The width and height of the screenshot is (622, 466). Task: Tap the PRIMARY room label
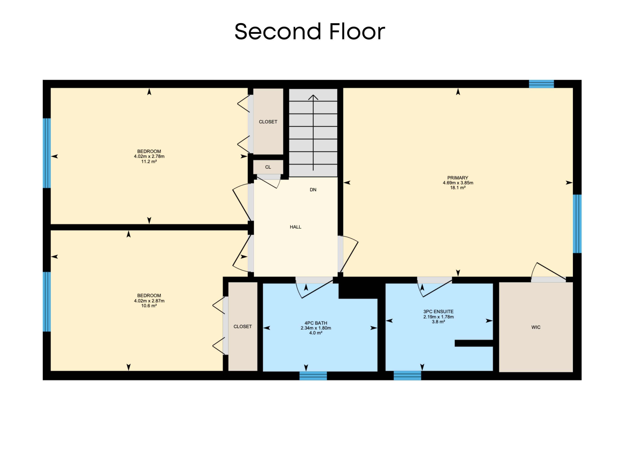pos(458,178)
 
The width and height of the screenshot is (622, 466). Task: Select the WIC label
pos(536,327)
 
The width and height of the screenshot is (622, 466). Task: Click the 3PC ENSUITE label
pos(438,311)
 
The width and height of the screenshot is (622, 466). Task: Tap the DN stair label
pos(313,190)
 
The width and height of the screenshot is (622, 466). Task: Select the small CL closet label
pos(268,167)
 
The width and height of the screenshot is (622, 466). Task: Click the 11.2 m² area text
pos(149,162)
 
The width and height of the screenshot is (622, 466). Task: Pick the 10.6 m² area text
pos(149,306)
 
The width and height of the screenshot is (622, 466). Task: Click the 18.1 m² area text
pos(458,188)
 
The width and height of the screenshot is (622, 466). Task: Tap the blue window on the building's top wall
pos(541,84)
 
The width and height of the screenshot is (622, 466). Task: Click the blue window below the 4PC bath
pos(313,376)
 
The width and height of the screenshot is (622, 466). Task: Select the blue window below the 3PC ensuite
pos(407,376)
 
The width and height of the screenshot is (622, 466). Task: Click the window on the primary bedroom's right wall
pos(577,224)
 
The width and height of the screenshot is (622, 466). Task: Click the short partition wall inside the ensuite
pos(474,343)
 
